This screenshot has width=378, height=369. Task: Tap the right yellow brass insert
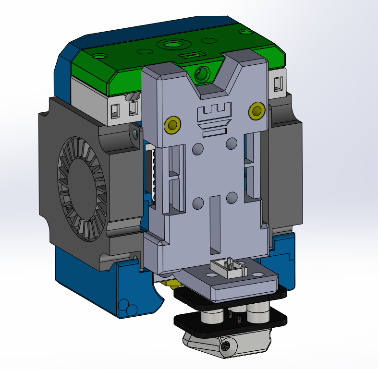(256, 112)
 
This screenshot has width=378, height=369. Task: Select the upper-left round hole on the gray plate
(197, 150)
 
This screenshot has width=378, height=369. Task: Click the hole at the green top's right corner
(245, 32)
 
